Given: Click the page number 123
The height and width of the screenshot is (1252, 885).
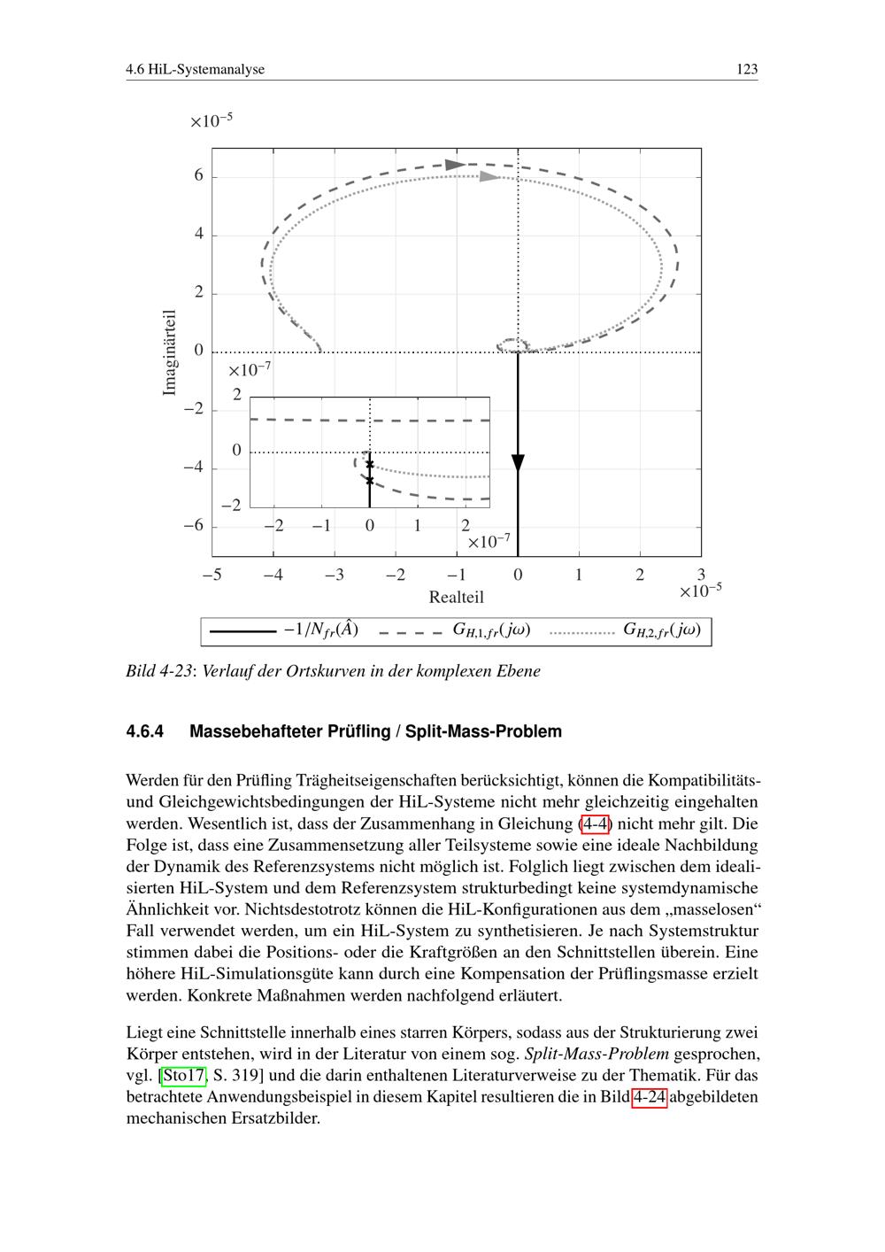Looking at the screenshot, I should (747, 69).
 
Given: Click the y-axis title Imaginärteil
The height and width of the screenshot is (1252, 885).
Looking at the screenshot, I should (171, 352).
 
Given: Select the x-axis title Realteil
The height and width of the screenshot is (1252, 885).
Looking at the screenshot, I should (456, 598).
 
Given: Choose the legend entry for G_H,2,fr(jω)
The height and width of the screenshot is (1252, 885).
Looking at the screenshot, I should (662, 630).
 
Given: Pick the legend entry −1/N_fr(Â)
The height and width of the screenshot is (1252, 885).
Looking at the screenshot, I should (319, 630).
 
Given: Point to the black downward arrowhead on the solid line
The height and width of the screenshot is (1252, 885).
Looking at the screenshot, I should (518, 464).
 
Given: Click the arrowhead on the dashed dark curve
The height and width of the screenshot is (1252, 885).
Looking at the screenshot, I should (455, 165).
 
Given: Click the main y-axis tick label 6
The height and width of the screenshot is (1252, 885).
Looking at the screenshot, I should (199, 176).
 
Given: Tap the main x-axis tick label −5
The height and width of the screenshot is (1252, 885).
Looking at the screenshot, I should (212, 576).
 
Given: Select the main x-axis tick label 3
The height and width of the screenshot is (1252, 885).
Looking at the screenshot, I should (701, 576).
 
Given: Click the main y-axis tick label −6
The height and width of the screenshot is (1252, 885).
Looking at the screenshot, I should (194, 525).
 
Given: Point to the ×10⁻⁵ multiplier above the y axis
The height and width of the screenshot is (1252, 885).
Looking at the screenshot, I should (212, 120).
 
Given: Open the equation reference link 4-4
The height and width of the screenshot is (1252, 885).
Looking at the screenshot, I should (595, 823).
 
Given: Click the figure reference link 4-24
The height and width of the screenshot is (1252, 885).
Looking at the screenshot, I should (650, 1097).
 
